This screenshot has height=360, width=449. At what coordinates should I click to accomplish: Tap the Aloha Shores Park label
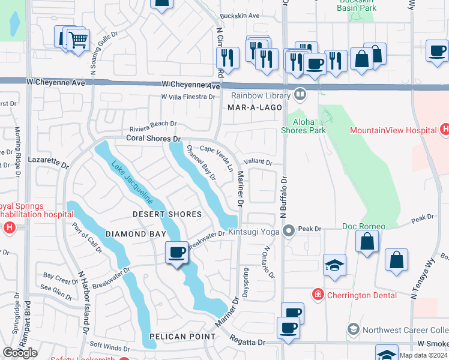(x=304, y=126)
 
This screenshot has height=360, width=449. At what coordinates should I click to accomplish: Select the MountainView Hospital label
(x=393, y=130)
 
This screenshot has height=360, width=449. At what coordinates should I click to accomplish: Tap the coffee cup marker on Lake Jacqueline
(x=176, y=253)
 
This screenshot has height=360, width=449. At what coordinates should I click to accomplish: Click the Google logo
(x=20, y=353)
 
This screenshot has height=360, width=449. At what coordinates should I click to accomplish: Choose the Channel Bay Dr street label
(x=201, y=162)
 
